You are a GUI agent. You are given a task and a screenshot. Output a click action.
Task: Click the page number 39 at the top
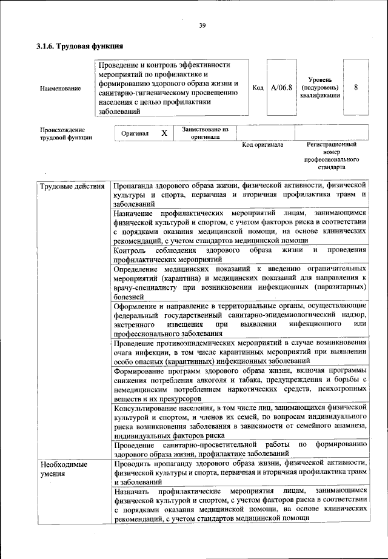coord(202,24)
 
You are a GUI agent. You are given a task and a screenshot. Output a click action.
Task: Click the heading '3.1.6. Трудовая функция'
coord(79,46)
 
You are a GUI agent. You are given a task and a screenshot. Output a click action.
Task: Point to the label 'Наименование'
coord(60,89)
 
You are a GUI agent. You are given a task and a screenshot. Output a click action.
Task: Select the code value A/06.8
coord(281,88)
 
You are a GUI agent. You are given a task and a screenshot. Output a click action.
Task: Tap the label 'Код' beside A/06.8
coord(257,88)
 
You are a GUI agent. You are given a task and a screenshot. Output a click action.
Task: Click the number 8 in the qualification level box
coord(355,87)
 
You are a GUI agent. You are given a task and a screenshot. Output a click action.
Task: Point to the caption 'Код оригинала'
coord(263,145)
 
